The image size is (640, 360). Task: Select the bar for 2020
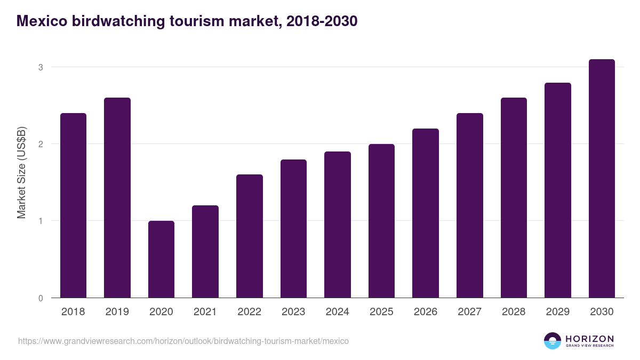click(161, 259)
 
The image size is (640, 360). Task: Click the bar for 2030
click(602, 179)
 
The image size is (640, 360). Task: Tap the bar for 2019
click(117, 198)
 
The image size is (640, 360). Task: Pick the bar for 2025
click(381, 221)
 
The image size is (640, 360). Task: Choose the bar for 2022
click(249, 236)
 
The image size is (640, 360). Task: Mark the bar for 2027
click(469, 205)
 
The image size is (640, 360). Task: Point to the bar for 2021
click(205, 252)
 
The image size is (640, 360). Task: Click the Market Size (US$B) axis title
click(21, 173)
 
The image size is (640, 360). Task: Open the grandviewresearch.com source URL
click(183, 341)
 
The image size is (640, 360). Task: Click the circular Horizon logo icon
click(553, 341)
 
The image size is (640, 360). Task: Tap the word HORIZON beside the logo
click(589, 339)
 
